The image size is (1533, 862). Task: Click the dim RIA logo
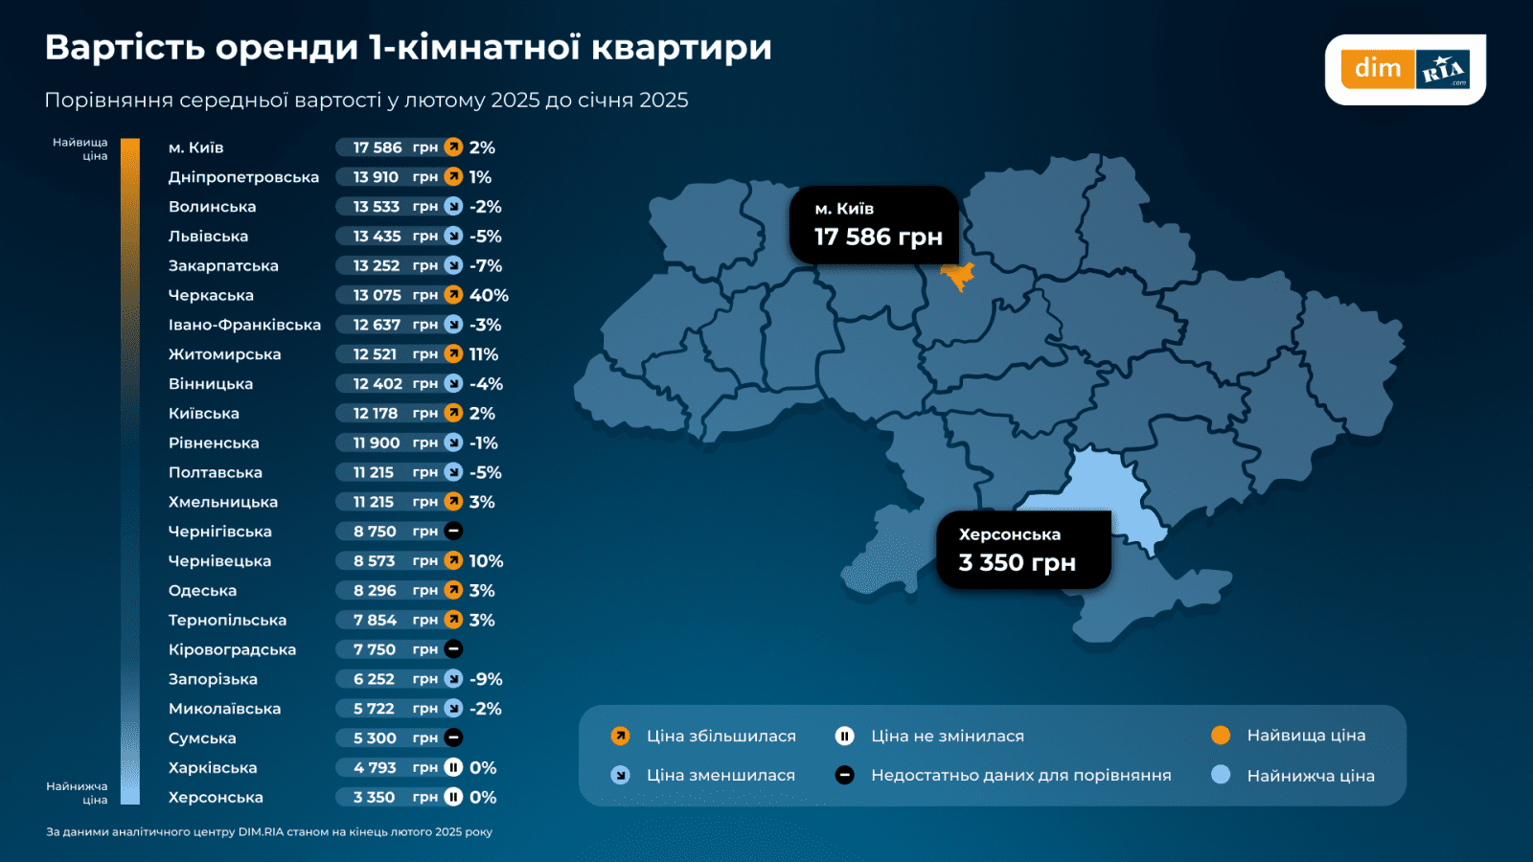[x=1405, y=69]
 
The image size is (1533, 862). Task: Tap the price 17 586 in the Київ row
[x=377, y=147]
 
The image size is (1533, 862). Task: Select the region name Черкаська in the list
[x=211, y=295]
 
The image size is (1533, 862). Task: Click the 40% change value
[x=489, y=295]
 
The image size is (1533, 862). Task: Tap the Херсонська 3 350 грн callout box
[x=1023, y=549]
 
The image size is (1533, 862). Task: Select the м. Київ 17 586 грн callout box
[x=874, y=224]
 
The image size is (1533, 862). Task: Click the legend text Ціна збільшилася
[x=721, y=736]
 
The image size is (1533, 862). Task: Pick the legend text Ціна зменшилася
[x=721, y=775]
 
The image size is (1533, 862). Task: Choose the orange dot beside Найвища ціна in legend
[x=1220, y=736]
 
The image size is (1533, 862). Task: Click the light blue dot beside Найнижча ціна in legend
[x=1220, y=775]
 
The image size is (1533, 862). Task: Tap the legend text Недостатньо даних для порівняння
[x=1020, y=775]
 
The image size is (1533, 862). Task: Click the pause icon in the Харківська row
[x=453, y=767]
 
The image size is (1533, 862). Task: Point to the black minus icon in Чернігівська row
[x=453, y=531]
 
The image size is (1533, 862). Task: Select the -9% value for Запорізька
[x=486, y=679]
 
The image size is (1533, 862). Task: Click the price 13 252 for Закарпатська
[x=377, y=265]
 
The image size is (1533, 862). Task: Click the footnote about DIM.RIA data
[x=269, y=831]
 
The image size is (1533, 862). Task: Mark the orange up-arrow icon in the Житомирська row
[x=453, y=354]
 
